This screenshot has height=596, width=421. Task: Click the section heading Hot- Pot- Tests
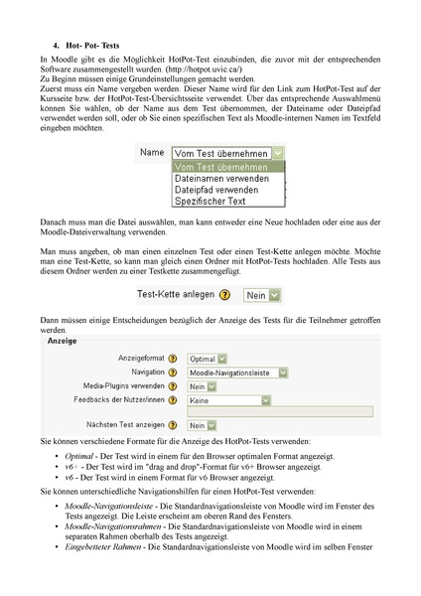pyautogui.click(x=92, y=46)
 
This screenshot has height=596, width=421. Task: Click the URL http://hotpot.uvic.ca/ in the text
pyautogui.click(x=204, y=70)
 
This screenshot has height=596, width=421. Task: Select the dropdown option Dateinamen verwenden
pyautogui.click(x=221, y=178)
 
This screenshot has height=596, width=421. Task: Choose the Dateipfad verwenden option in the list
pyautogui.click(x=216, y=190)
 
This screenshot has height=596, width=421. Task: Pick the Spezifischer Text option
pyautogui.click(x=210, y=201)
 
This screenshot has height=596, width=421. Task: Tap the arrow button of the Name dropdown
pyautogui.click(x=278, y=153)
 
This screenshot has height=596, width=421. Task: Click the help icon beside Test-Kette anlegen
pyautogui.click(x=225, y=295)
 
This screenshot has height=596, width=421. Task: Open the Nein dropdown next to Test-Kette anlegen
pyautogui.click(x=261, y=295)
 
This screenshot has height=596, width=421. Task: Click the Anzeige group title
pyautogui.click(x=62, y=341)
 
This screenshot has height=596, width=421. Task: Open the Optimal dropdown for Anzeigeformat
pyautogui.click(x=207, y=359)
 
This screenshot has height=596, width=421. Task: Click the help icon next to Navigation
pyautogui.click(x=173, y=372)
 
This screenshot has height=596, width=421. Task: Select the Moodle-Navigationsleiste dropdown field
pyautogui.click(x=237, y=372)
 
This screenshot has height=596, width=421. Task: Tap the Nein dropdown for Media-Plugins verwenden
pyautogui.click(x=202, y=386)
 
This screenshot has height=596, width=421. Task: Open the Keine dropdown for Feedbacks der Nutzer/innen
pyautogui.click(x=228, y=400)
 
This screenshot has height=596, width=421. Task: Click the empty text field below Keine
pyautogui.click(x=280, y=411)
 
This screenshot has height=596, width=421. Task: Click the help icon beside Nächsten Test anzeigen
pyautogui.click(x=173, y=425)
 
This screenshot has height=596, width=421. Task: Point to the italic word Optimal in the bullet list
pyautogui.click(x=78, y=456)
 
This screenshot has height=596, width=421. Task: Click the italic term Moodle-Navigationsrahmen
pyautogui.click(x=113, y=526)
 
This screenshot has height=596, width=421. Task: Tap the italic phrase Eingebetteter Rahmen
pyautogui.click(x=103, y=547)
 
